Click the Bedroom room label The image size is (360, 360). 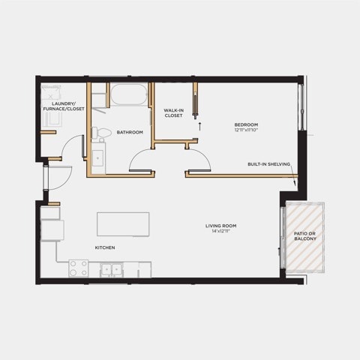click(246, 124)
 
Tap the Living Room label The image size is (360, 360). click(220, 226)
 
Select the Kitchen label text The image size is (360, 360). click(105, 247)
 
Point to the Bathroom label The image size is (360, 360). click(130, 132)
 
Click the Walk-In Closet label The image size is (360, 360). click(174, 112)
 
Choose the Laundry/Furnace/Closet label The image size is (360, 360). click(64, 106)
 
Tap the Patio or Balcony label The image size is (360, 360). click(305, 236)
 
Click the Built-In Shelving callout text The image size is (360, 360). click(269, 164)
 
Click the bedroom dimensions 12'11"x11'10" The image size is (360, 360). click(246, 130)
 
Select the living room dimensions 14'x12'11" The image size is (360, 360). click(220, 231)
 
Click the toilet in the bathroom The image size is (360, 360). click(101, 133)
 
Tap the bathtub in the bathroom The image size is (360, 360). click(129, 94)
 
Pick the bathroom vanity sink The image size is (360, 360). click(97, 158)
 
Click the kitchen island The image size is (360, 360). click(123, 224)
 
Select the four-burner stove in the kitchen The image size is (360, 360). click(79, 268)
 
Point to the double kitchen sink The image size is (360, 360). click(112, 270)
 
